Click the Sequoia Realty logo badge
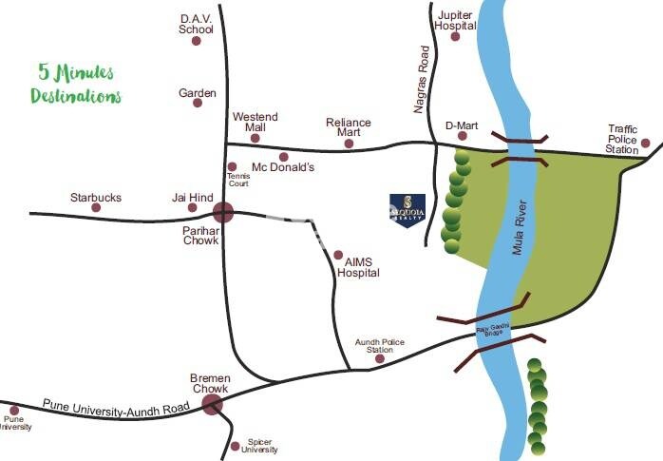[x=407, y=210]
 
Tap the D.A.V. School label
[x=197, y=24]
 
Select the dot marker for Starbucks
[x=96, y=207]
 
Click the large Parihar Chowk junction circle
[x=223, y=213]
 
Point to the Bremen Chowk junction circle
[x=212, y=406]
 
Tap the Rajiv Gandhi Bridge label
[x=493, y=330]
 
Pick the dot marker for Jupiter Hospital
[x=455, y=37]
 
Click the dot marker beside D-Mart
[x=463, y=137]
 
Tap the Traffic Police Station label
[x=623, y=139]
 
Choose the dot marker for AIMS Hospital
[x=337, y=255]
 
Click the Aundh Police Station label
[x=374, y=345]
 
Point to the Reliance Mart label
[x=349, y=127]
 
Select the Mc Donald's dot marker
[x=283, y=157]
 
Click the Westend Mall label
[x=255, y=122]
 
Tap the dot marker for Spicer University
[x=235, y=446]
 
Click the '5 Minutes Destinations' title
[x=76, y=84]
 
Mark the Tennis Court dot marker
[x=232, y=166]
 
